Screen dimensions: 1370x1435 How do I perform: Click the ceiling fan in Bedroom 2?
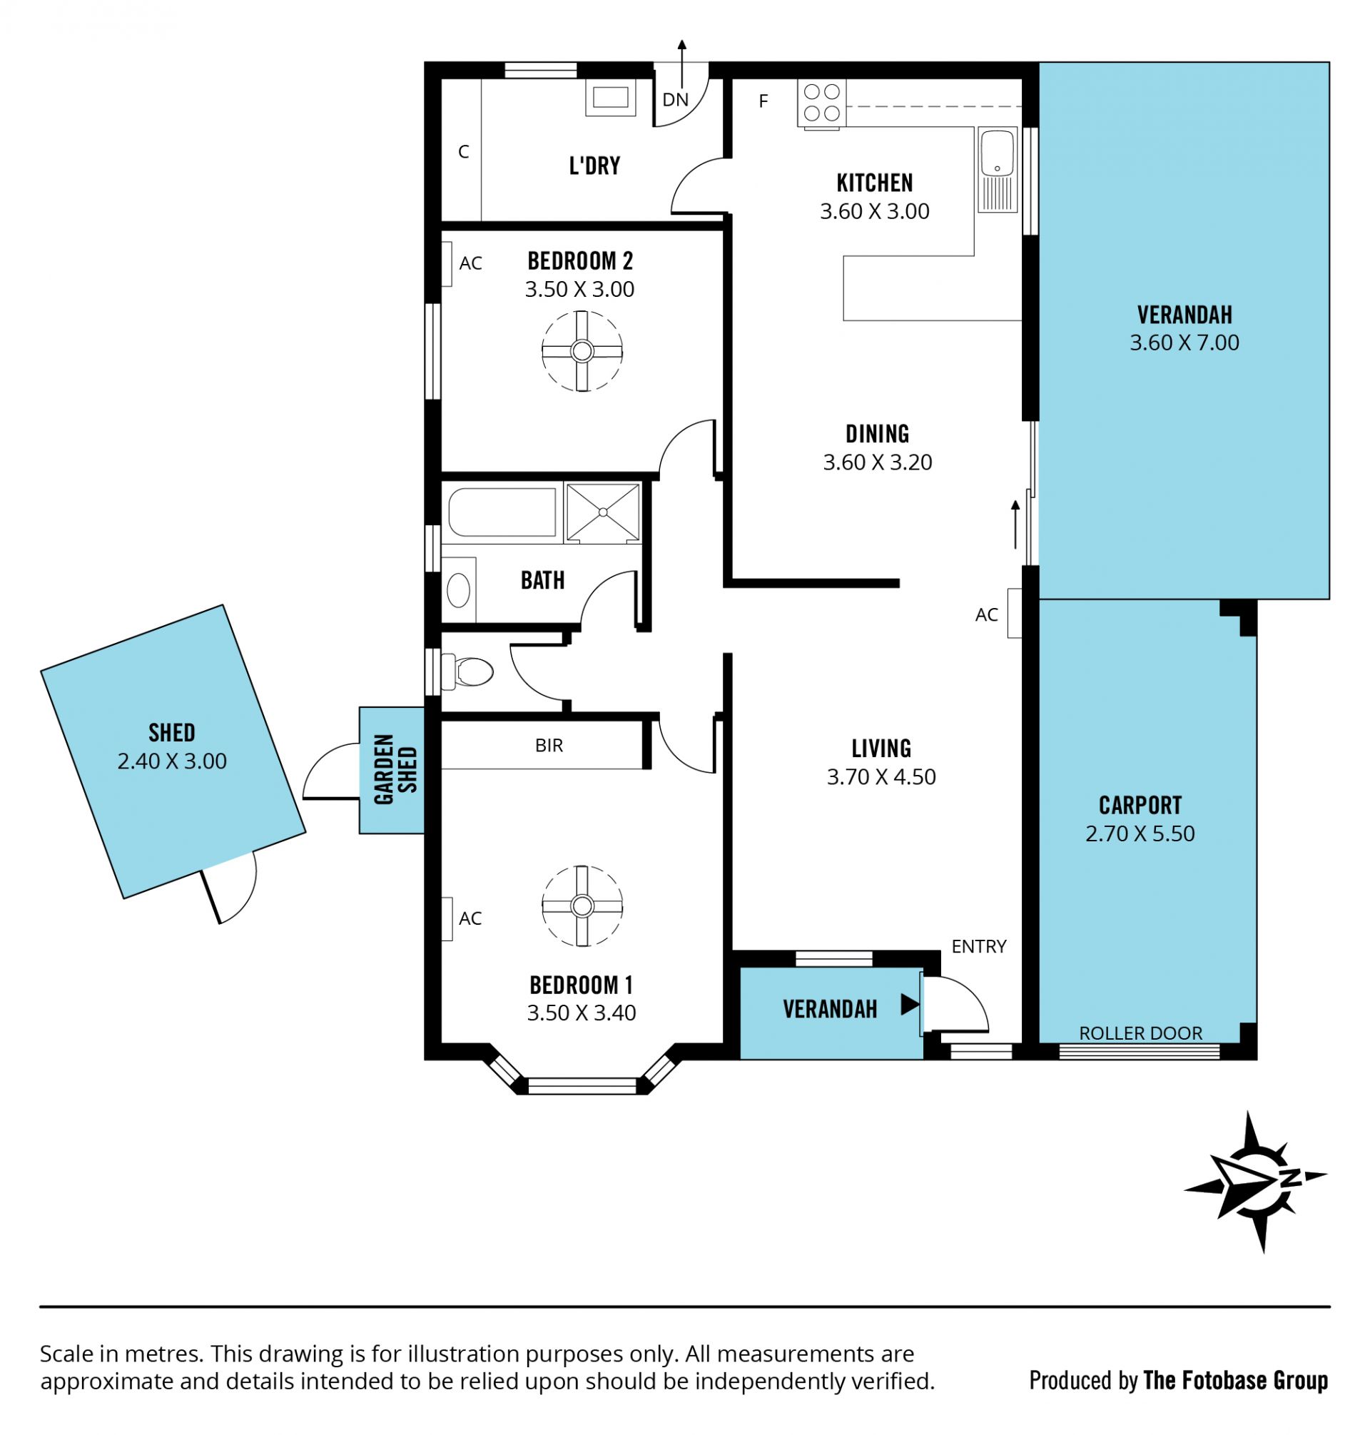(x=582, y=351)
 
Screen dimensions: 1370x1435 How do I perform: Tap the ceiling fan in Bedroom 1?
(x=582, y=906)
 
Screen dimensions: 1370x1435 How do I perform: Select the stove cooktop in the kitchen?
(x=821, y=103)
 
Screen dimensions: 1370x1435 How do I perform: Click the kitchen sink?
(x=997, y=170)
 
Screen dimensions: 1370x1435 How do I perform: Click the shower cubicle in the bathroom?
(x=602, y=512)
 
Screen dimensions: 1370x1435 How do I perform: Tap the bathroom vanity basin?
(x=459, y=589)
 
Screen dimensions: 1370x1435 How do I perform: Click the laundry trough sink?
(x=610, y=96)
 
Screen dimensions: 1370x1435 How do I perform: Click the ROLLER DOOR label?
(x=1140, y=1033)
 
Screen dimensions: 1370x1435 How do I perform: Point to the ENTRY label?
(x=978, y=946)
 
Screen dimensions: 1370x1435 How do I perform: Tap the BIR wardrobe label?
(x=549, y=746)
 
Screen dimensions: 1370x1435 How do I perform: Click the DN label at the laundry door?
(x=676, y=99)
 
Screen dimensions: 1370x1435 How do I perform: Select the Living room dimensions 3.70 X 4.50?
(x=881, y=776)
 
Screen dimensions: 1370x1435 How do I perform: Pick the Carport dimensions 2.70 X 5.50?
(x=1140, y=833)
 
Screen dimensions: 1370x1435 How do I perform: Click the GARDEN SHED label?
(x=395, y=770)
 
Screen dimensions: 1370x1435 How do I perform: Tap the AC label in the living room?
(x=986, y=615)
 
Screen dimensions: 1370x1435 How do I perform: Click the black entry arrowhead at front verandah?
(x=909, y=1004)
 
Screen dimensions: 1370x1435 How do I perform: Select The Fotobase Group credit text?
(x=1236, y=1380)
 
